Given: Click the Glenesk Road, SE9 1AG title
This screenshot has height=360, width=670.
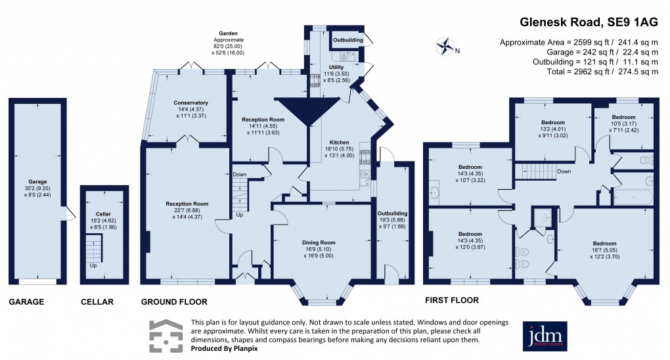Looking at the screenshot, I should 589,21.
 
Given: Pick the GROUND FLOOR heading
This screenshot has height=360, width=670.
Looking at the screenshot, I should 174,302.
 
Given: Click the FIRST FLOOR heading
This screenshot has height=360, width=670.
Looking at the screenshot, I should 451,300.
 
